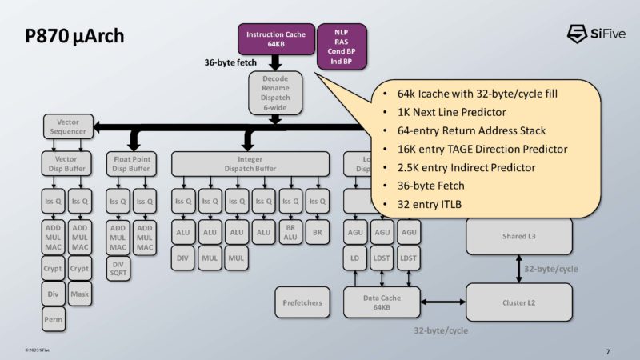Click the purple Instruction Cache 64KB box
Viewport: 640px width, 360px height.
(274, 39)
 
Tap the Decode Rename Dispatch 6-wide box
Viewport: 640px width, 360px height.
(274, 94)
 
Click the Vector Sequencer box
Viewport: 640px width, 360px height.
(68, 126)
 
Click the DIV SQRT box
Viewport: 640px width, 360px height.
(118, 268)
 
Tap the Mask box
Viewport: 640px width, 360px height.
(79, 294)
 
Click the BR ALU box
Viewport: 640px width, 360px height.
(290, 233)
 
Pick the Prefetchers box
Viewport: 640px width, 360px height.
(302, 302)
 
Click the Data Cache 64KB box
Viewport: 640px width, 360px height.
(382, 302)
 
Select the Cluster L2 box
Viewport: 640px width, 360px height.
(518, 302)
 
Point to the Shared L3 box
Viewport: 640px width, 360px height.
(518, 236)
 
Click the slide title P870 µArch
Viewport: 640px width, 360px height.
(73, 37)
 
